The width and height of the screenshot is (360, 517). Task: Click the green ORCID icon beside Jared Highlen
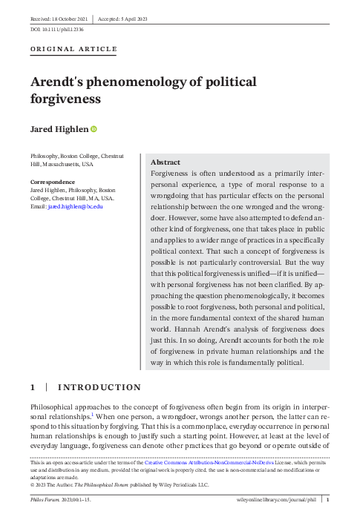pyautogui.click(x=94, y=130)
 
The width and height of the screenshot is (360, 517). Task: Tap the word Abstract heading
pyautogui.click(x=166, y=162)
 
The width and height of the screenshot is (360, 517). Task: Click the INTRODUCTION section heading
pyautogui.click(x=99, y=387)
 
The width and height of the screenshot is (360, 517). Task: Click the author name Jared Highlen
pyautogui.click(x=58, y=130)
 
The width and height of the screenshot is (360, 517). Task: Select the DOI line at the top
pyautogui.click(x=46, y=30)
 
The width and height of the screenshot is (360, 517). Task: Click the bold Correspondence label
pyautogui.click(x=52, y=182)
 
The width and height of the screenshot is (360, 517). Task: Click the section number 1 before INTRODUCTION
pyautogui.click(x=33, y=387)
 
